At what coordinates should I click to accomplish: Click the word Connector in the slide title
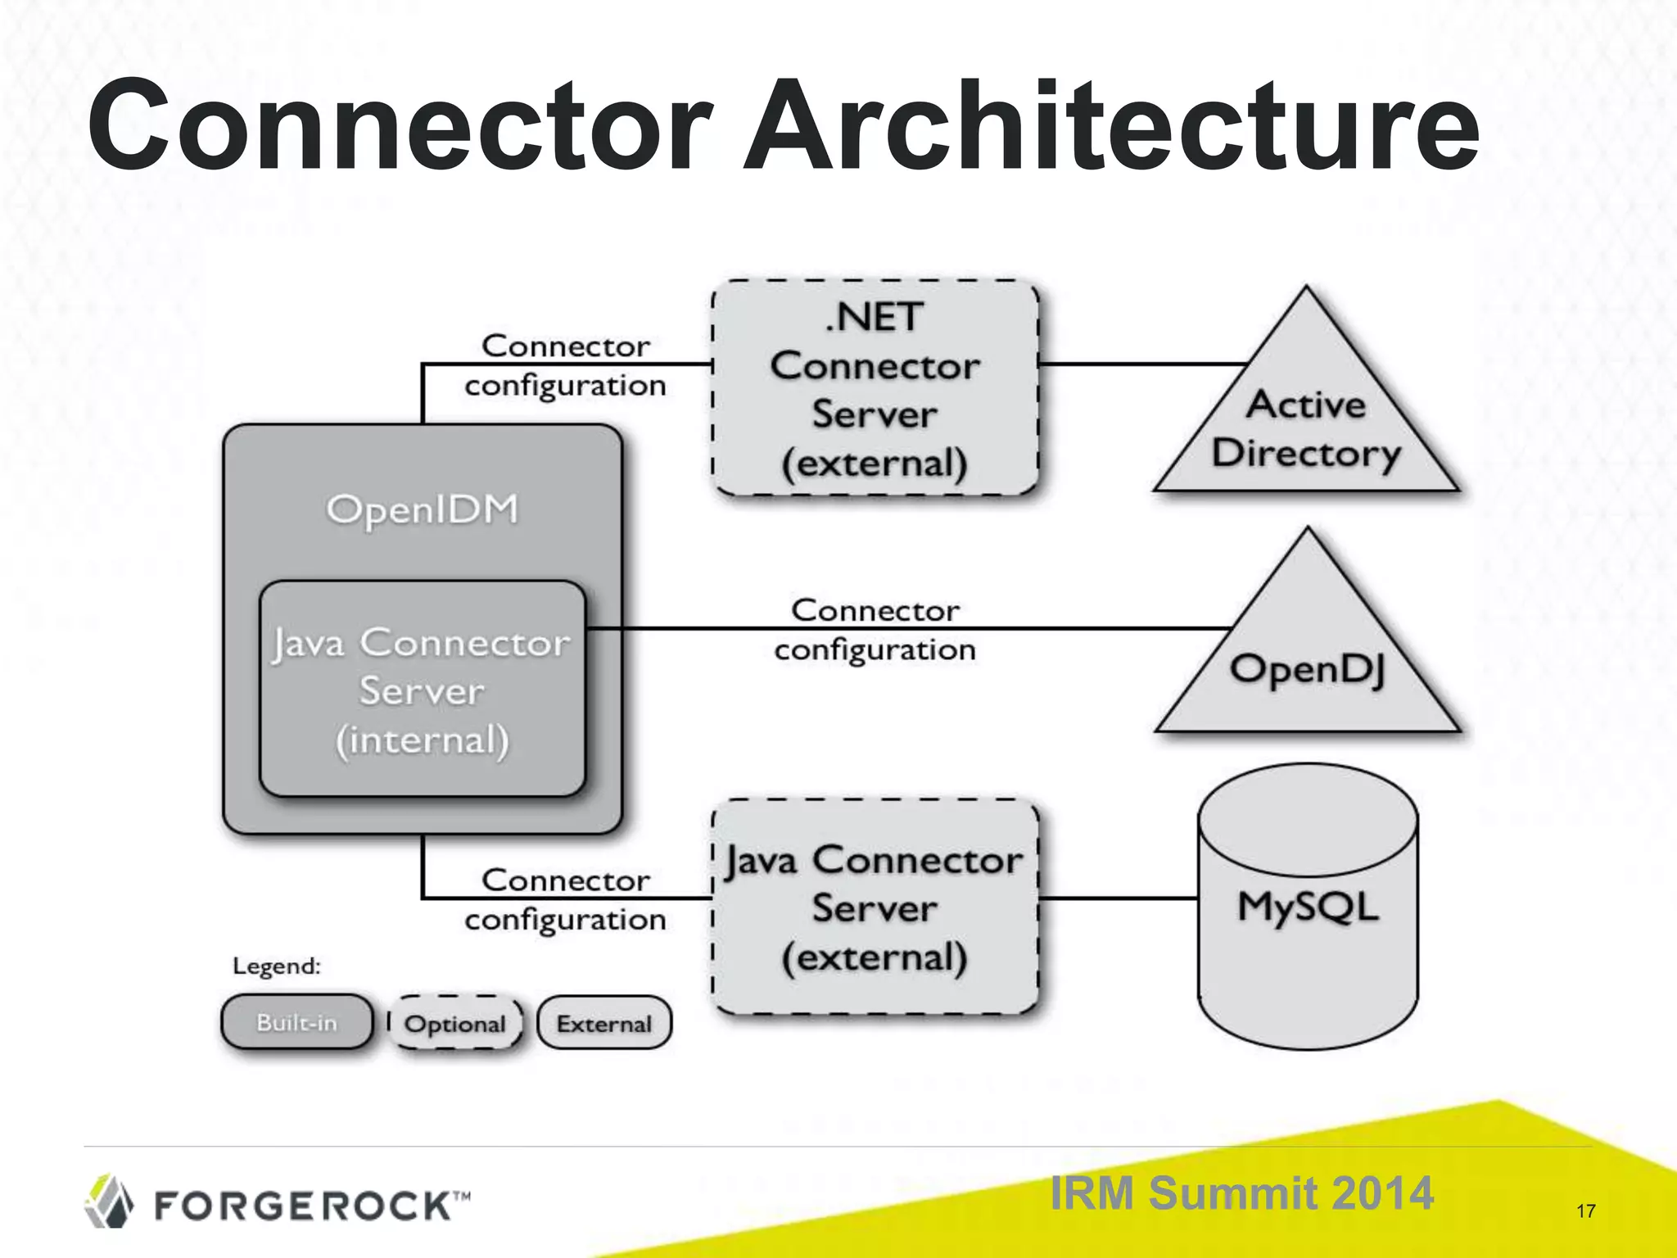tap(400, 127)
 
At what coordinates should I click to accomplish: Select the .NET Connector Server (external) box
tap(875, 388)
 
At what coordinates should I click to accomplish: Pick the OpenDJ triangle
tap(1307, 667)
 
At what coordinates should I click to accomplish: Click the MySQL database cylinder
tap(1307, 907)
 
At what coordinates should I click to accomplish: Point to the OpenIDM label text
tap(423, 509)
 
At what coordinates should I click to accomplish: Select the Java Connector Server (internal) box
tap(423, 690)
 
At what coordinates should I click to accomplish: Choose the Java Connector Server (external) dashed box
tap(875, 907)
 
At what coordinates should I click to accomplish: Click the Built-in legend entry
tap(296, 1022)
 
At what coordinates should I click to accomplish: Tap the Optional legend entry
tap(455, 1024)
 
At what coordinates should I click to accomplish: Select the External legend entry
tap(604, 1024)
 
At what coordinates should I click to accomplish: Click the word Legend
tap(277, 966)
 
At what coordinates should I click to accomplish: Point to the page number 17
tap(1585, 1210)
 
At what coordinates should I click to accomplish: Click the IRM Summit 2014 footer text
tap(1241, 1192)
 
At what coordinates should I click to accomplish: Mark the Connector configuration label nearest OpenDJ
tap(875, 630)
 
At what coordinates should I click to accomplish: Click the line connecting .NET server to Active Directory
tap(1141, 364)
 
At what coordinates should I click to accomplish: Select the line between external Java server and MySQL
tap(1119, 898)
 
